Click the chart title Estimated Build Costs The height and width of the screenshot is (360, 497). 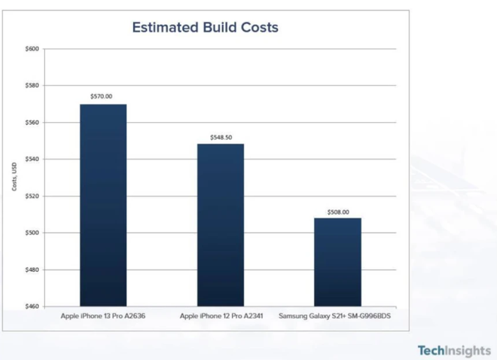tap(205, 28)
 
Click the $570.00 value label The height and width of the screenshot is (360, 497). tap(102, 96)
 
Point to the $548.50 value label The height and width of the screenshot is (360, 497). tap(220, 137)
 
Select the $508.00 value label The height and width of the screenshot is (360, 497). tap(338, 212)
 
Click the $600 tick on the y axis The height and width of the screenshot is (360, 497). tap(32, 49)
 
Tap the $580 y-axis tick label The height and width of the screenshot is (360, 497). tap(32, 86)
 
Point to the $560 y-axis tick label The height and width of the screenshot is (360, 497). tap(32, 122)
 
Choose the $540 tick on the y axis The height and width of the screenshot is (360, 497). tap(32, 159)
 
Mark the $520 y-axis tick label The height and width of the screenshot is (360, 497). tap(32, 196)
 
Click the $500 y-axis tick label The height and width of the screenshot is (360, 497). tap(32, 233)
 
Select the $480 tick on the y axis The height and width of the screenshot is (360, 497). tap(32, 270)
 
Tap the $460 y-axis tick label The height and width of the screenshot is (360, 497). tap(32, 307)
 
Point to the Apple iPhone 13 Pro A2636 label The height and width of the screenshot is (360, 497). tap(102, 316)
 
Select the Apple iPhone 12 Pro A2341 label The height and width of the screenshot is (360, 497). tap(220, 316)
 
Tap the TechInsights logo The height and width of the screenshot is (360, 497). tap(454, 350)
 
